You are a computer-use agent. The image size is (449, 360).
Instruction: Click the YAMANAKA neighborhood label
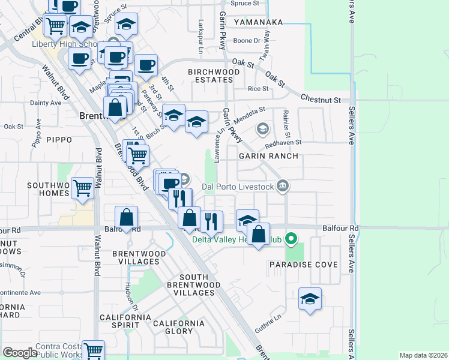pos(258,22)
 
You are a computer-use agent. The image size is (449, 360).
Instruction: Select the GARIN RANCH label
pos(268,156)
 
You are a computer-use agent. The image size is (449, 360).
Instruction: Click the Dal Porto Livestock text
pos(238,187)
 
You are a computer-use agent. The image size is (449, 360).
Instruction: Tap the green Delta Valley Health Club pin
pos(292,239)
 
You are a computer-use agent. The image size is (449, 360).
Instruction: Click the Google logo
pos(20,353)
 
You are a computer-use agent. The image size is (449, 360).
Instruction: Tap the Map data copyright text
pos(423,355)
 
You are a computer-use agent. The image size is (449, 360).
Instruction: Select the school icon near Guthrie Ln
pos(309,299)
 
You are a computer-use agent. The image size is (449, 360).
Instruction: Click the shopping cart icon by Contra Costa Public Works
pos(93,350)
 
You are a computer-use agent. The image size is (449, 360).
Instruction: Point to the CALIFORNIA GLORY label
pos(178,327)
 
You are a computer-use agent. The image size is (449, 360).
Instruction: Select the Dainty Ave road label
pos(46,103)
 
